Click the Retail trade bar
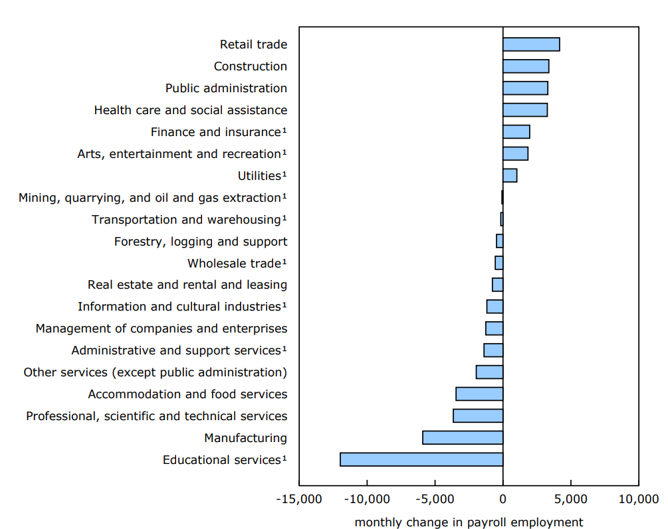(x=530, y=44)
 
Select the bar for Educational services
(x=421, y=460)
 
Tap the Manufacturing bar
(x=462, y=438)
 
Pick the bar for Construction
(x=525, y=66)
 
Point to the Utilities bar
(x=509, y=176)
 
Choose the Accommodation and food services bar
(x=479, y=394)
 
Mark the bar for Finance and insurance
(x=516, y=132)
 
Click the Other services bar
(x=489, y=372)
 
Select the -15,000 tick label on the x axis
(x=298, y=499)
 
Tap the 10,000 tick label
(x=638, y=499)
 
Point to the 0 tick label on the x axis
(x=502, y=499)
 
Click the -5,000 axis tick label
(x=434, y=499)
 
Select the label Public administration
(x=226, y=88)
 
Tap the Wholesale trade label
(x=234, y=264)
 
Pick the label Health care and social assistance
(x=191, y=110)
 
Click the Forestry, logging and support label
(x=201, y=242)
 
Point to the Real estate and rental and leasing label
(x=187, y=285)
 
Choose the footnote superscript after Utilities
(x=284, y=174)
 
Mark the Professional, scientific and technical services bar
(x=477, y=416)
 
